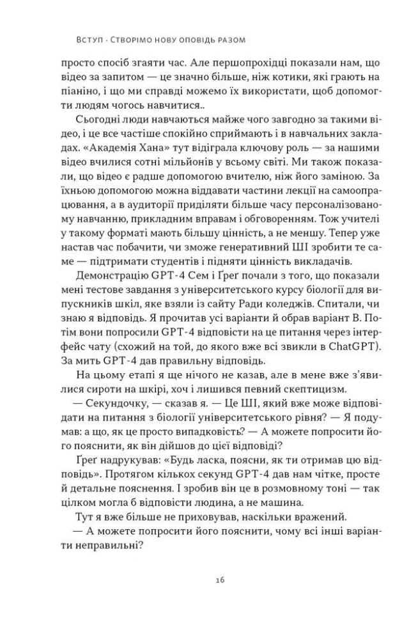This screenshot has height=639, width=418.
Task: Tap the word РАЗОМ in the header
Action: [x=230, y=40]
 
